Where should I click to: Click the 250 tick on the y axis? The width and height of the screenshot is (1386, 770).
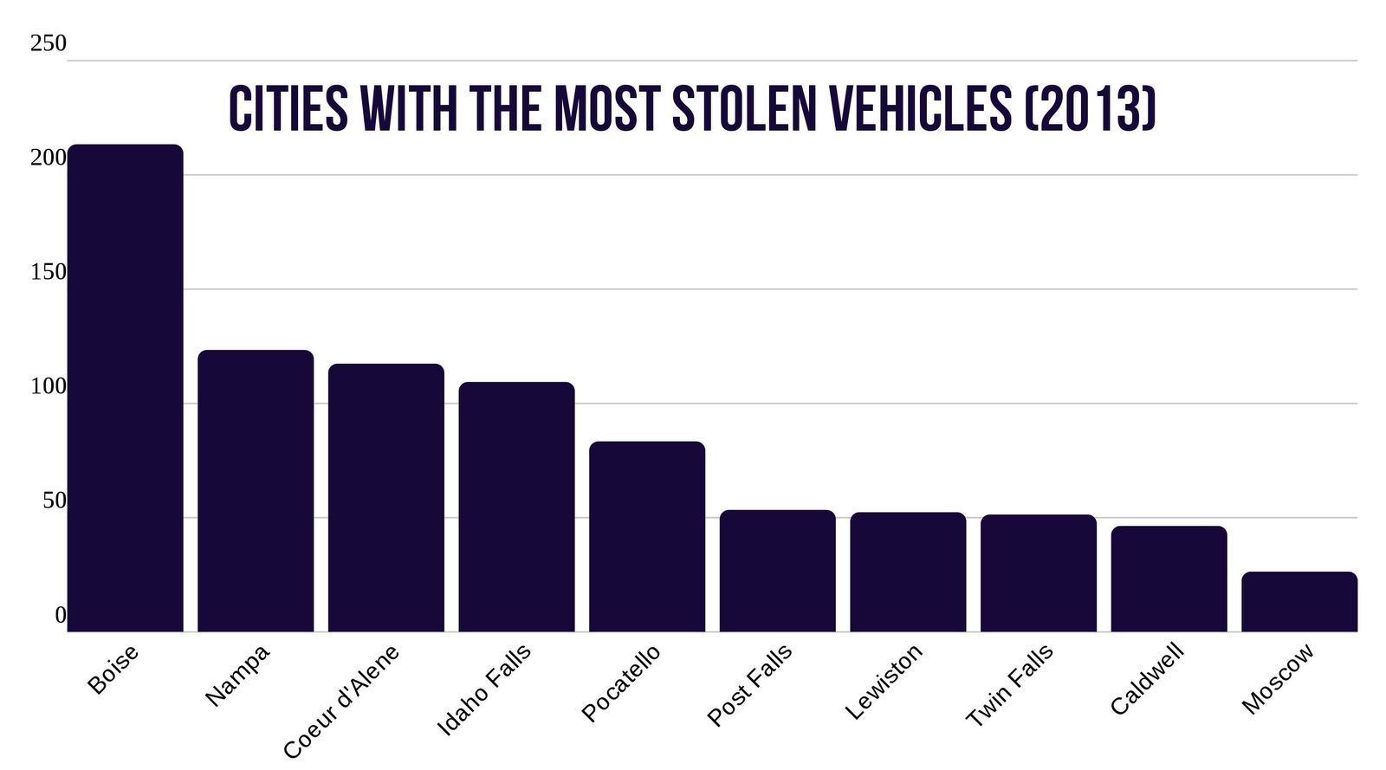coord(48,43)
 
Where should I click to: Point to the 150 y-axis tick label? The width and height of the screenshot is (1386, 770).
coord(48,272)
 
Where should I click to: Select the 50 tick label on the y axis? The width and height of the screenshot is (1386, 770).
coord(54,501)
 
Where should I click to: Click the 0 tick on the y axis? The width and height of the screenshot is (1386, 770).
coord(60,615)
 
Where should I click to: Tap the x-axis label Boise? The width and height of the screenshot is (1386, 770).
coord(113,670)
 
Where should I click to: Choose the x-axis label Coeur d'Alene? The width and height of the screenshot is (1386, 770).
coord(341,702)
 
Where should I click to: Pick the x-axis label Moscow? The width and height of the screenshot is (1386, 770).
coord(1278,679)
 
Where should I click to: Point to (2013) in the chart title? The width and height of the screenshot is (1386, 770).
coord(1090,110)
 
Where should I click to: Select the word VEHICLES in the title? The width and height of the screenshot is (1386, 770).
coord(920,110)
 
